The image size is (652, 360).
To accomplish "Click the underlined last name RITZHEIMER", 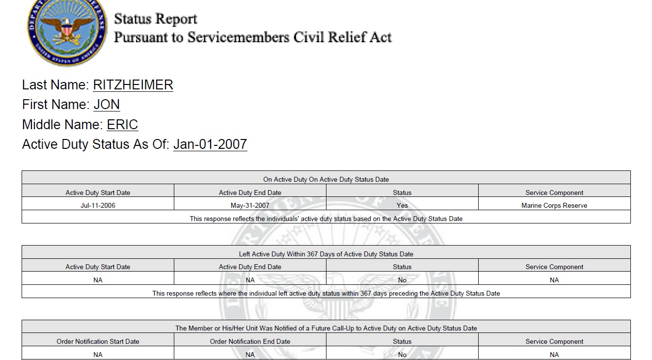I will tap(133, 85).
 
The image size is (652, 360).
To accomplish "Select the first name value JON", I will tap(107, 105).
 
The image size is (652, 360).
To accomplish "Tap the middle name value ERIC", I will tap(122, 125).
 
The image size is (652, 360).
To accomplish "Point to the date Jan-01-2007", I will tap(210, 144).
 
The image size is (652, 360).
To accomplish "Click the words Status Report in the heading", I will tap(156, 19).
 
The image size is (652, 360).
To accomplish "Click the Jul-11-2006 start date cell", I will tap(98, 205).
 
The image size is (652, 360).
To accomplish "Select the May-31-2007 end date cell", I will tap(250, 205).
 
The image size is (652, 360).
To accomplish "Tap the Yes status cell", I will tap(402, 205).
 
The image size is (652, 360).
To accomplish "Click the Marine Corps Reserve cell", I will tap(554, 205).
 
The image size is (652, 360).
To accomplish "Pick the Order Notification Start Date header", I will tap(98, 341).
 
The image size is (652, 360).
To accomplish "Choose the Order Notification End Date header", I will tap(250, 341).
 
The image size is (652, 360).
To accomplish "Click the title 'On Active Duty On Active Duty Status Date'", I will tap(326, 179).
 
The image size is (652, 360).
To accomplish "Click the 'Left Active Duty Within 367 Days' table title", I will tap(326, 254).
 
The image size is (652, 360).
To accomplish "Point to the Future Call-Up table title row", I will tap(326, 328).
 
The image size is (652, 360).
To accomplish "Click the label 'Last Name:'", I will tap(55, 85).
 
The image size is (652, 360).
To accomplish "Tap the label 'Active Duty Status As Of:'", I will tap(96, 144).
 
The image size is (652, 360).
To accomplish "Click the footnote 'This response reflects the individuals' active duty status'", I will tap(326, 219).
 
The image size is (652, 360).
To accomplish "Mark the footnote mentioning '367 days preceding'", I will tap(326, 293).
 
